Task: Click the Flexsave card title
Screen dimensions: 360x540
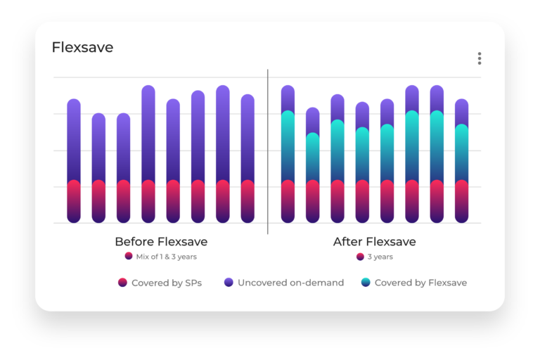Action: (x=82, y=48)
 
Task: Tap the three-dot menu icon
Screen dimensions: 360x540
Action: (x=480, y=58)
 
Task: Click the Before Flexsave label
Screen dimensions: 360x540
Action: (x=161, y=242)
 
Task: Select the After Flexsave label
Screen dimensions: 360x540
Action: (x=374, y=242)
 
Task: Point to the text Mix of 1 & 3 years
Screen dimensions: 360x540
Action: (x=166, y=257)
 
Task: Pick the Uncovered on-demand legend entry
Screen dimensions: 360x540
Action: (x=290, y=283)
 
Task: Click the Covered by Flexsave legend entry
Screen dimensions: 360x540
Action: (x=420, y=283)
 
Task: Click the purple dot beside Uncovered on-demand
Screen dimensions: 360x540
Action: (x=229, y=283)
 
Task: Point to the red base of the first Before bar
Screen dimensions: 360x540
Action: (x=74, y=201)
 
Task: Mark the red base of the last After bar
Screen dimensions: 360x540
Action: (x=461, y=201)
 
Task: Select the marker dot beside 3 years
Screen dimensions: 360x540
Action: (x=361, y=257)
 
